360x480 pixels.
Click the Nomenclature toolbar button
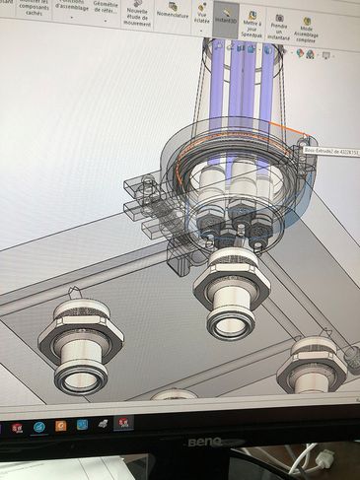[x=173, y=14]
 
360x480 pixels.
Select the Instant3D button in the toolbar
[x=226, y=15]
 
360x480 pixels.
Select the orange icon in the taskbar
[x=60, y=427]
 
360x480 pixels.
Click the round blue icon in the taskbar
[x=38, y=427]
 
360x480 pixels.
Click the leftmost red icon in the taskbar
[x=17, y=428]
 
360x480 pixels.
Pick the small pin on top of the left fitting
[x=73, y=292]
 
